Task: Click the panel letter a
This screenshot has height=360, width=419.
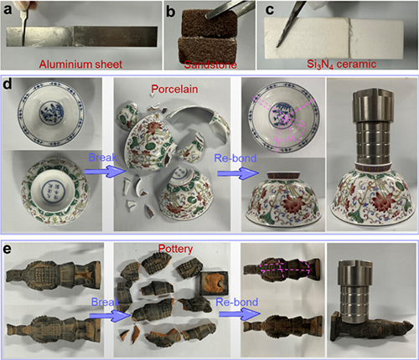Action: click(x=8, y=9)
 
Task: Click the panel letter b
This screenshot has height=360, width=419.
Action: click(x=171, y=12)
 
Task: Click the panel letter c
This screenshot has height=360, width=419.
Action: click(x=270, y=9)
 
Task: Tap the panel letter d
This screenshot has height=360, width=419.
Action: click(x=8, y=84)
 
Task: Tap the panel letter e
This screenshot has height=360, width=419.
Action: click(x=8, y=249)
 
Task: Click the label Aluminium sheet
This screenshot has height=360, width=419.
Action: click(x=80, y=64)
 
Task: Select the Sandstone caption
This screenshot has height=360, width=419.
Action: click(x=210, y=64)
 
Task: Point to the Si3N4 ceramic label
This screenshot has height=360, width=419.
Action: click(x=341, y=64)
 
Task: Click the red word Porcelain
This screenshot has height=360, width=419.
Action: click(x=174, y=89)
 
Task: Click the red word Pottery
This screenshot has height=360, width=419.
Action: click(x=175, y=249)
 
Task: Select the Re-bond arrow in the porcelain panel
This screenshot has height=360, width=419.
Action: click(x=238, y=173)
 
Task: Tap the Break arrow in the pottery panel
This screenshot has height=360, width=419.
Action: click(x=110, y=316)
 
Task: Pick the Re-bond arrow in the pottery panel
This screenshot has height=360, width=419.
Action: click(x=240, y=314)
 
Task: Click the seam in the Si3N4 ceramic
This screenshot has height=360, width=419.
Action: click(x=349, y=38)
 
